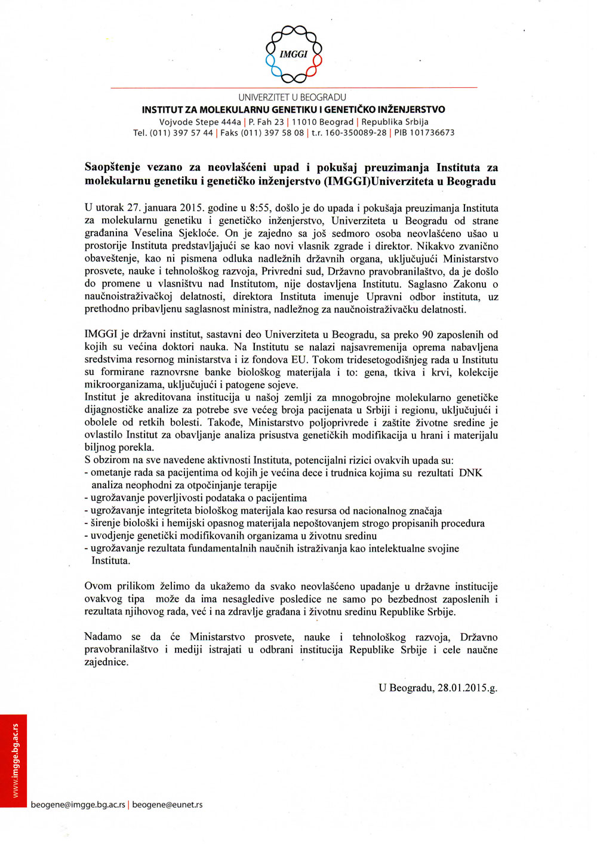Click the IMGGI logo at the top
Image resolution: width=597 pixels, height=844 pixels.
click(x=294, y=54)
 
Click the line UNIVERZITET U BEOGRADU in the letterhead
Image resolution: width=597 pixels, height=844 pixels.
click(x=293, y=97)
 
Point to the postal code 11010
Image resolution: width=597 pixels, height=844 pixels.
click(x=304, y=122)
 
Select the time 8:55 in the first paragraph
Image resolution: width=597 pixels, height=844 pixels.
click(x=260, y=208)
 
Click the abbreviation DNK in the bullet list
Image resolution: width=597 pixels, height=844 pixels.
click(x=470, y=473)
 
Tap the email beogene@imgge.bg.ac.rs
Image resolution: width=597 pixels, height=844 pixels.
click(x=78, y=805)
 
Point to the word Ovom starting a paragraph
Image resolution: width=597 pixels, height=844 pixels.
click(x=98, y=587)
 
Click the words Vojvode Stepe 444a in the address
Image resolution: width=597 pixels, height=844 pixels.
click(x=200, y=122)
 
